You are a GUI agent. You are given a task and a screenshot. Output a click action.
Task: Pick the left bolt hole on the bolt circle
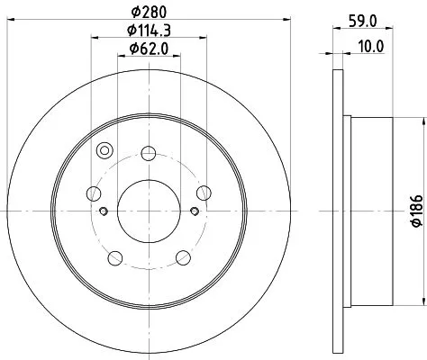[x=92, y=191]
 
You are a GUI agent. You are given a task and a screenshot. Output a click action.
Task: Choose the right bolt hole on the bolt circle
[x=203, y=191]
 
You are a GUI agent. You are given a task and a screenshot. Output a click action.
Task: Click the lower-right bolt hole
[x=182, y=257]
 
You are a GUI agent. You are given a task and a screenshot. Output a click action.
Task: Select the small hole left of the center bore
[x=104, y=211]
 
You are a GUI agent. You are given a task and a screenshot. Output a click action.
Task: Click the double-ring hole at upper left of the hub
[x=104, y=150]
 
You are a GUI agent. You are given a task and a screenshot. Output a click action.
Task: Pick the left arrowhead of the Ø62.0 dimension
[x=121, y=58]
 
